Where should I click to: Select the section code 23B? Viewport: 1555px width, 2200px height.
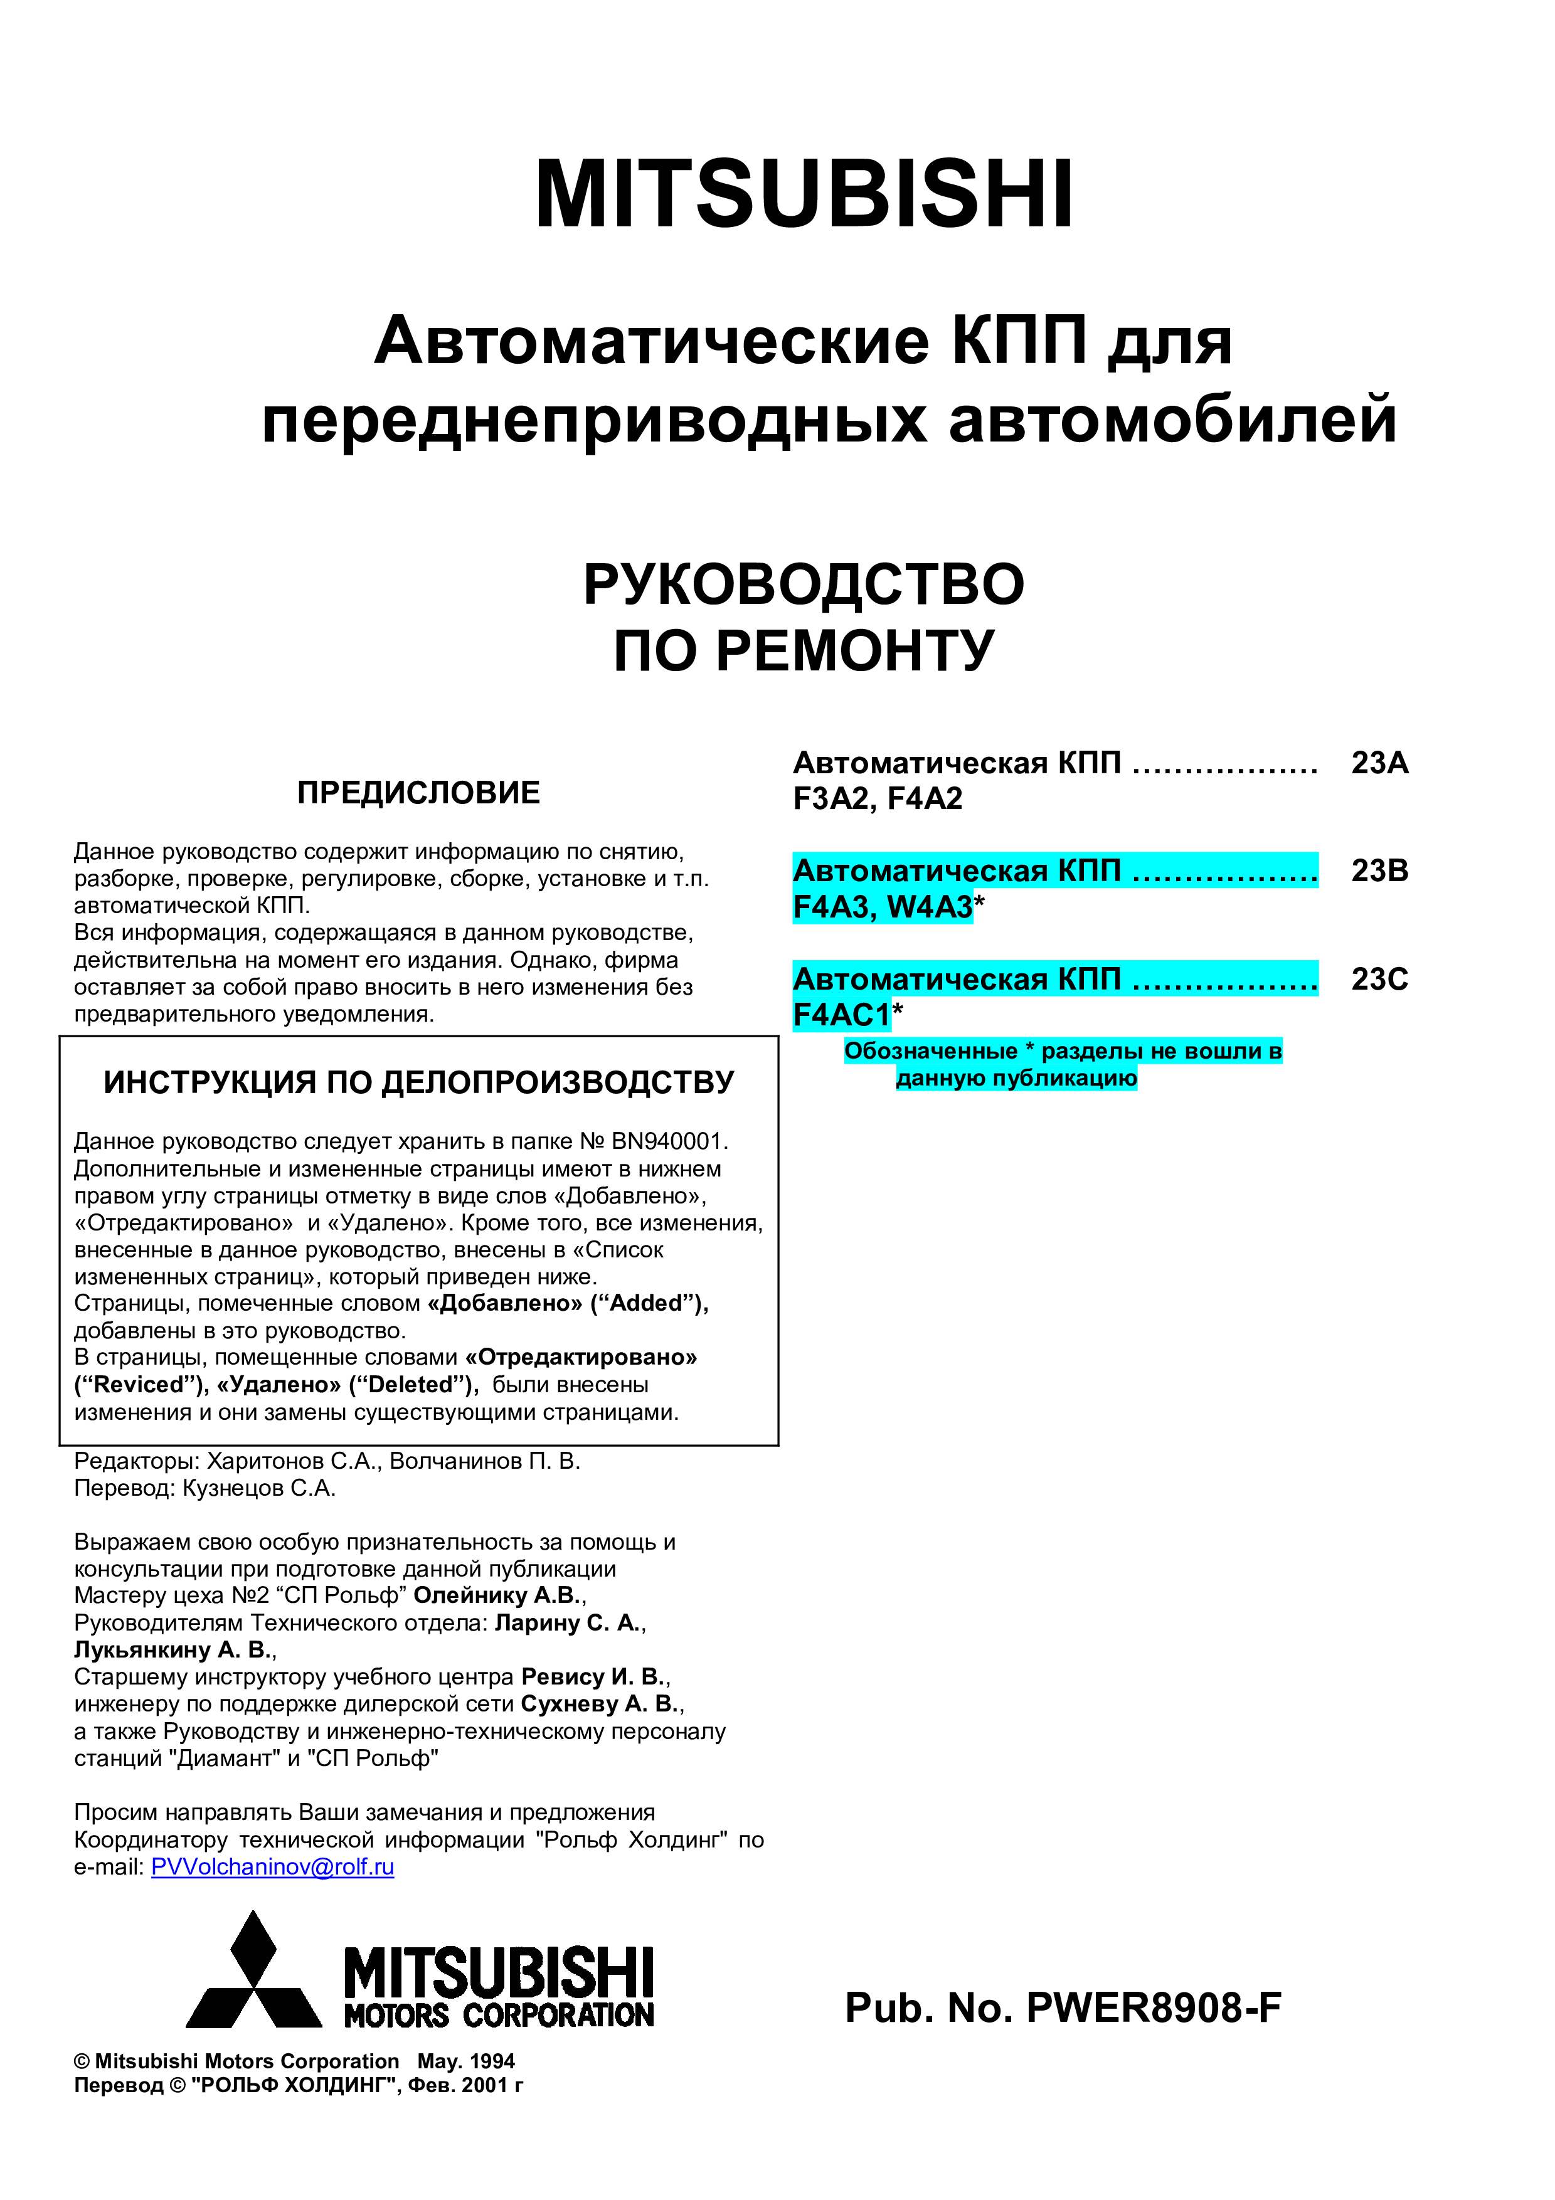[x=1379, y=871]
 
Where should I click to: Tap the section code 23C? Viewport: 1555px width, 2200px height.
[x=1379, y=979]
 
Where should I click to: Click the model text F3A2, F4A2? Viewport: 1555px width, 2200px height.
[x=877, y=799]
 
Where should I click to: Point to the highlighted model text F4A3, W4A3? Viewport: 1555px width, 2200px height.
[x=883, y=906]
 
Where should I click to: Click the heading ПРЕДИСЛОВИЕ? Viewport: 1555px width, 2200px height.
[x=418, y=793]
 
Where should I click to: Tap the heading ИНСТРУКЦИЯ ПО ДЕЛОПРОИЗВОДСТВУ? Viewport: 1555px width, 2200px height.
[x=418, y=1082]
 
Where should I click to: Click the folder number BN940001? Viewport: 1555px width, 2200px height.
[x=668, y=1141]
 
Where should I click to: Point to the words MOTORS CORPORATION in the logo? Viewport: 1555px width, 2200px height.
[x=498, y=2015]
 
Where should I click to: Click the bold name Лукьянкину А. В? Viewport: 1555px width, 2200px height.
[x=172, y=1650]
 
